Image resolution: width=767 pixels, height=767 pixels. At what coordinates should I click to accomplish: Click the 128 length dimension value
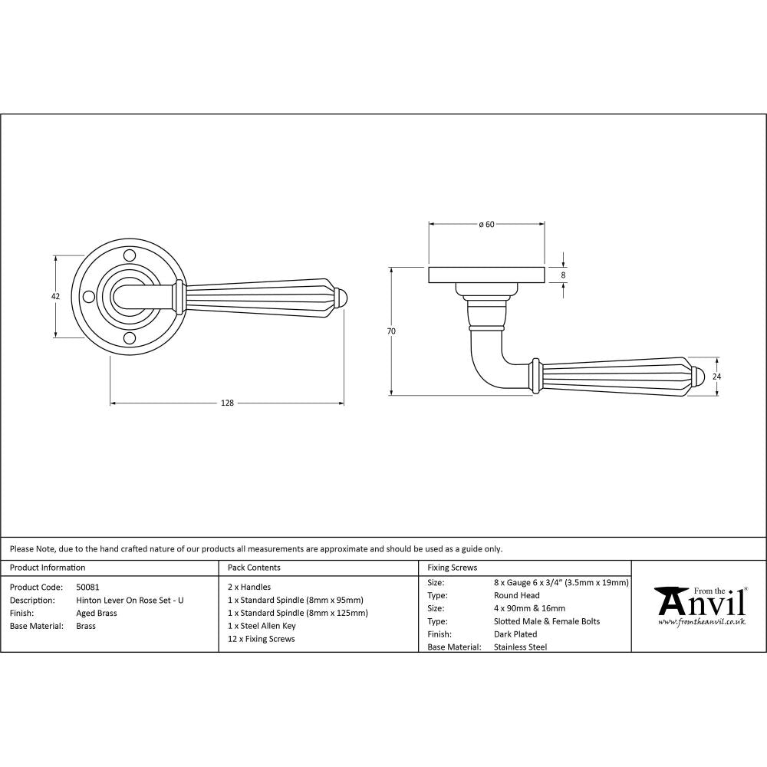pos(228,403)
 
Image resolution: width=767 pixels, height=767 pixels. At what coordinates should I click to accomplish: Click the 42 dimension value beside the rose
pos(55,296)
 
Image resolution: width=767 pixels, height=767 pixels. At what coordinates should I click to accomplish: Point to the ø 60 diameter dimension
pos(486,224)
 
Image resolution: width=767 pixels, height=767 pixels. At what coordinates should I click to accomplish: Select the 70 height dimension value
pos(391,331)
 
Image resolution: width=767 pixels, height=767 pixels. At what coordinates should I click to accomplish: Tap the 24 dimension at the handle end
pos(718,377)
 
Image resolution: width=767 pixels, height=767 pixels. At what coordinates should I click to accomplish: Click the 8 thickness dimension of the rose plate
pos(564,275)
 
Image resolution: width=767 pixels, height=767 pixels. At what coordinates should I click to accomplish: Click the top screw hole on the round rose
pos(130,254)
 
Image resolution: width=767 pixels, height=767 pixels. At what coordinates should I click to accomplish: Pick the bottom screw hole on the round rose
pos(130,338)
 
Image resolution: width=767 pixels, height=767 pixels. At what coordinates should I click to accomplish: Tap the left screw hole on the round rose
pos(87,296)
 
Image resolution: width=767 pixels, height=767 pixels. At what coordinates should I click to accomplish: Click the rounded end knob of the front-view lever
pos(342,297)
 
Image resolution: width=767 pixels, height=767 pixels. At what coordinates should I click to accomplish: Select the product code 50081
pos(88,587)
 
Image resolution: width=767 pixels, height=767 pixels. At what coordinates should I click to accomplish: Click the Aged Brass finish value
pos(97,613)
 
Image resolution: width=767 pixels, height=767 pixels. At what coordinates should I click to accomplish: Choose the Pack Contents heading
pos(254,568)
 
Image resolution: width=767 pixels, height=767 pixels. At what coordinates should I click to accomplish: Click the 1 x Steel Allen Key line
pos(262,626)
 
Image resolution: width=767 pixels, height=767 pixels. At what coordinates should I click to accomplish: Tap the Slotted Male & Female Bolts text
pos(547,621)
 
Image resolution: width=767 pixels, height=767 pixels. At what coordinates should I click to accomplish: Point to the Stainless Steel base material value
pos(521,647)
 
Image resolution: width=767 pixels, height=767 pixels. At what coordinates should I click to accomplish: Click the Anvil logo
pos(698,605)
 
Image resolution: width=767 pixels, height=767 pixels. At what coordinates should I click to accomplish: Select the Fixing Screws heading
pos(452,568)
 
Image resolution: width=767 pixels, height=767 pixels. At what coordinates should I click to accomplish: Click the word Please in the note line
pos(21,548)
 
